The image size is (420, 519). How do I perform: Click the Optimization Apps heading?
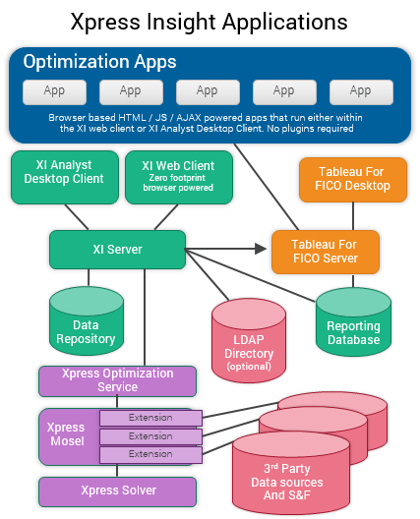point(99,62)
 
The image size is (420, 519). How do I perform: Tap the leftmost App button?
point(54,91)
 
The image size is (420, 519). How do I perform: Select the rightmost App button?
point(361,91)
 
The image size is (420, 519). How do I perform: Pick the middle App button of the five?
point(208,91)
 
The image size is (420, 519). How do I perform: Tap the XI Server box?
point(116,250)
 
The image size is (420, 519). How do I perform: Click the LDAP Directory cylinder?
point(249,344)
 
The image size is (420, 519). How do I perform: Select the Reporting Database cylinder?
point(353,329)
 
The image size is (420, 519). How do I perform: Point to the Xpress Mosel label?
point(67,434)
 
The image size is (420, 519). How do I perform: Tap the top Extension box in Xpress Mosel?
point(150,418)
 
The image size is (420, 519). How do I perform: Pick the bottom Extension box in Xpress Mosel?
point(150,454)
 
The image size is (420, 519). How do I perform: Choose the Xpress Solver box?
point(117,490)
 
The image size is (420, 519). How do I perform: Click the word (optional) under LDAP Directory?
point(249,367)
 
